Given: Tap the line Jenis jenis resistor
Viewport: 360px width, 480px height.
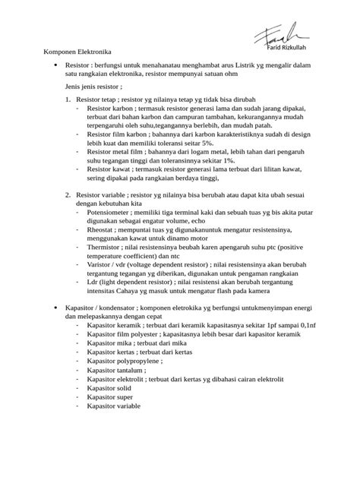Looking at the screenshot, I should coord(94,88).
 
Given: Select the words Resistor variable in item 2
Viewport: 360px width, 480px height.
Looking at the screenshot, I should coord(103,195).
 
